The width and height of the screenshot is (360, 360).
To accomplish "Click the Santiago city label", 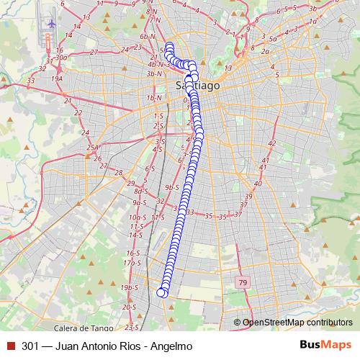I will pos(198,85).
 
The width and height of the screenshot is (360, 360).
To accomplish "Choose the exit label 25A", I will pos(92,148).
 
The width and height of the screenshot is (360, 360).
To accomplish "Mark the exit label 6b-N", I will pos(148,36).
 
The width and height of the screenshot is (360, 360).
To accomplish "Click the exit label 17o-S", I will pos(132,263).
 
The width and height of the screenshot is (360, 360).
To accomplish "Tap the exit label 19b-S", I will pos(129,288).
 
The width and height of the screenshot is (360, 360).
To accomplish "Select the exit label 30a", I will pos(61,58).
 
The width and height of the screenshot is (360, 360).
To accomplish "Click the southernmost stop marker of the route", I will pos(162,292).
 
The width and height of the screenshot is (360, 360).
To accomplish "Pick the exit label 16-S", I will pos(132,253).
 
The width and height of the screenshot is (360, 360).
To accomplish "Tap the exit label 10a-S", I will pos(137,217).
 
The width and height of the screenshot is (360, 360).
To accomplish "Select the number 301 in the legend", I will pos(30,346).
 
